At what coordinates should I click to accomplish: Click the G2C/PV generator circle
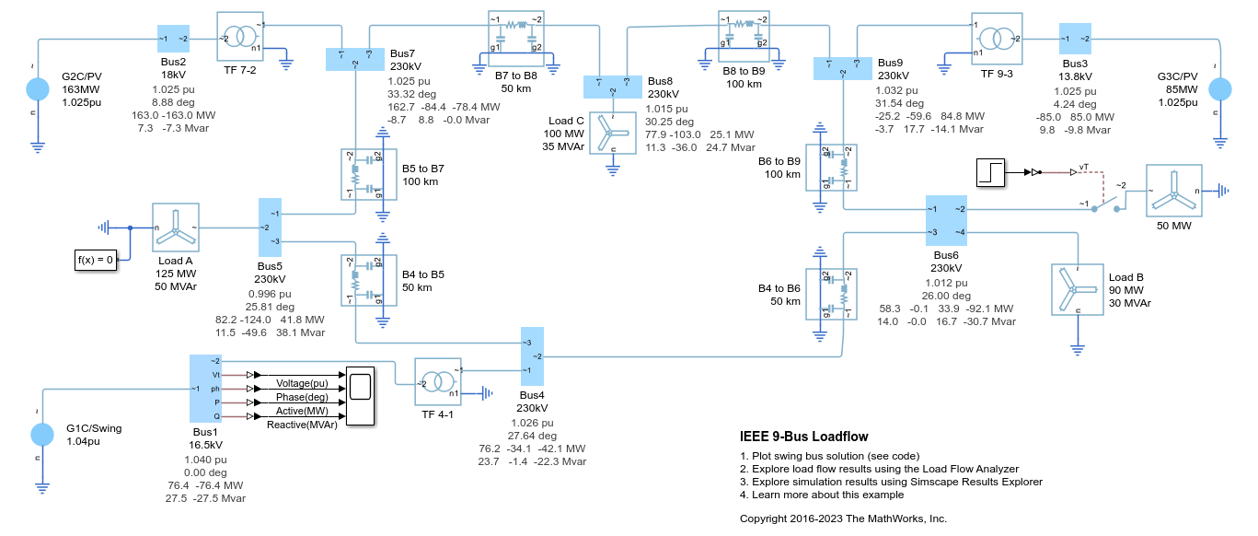pyautogui.click(x=38, y=89)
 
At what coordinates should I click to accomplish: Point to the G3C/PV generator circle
pyautogui.click(x=1219, y=89)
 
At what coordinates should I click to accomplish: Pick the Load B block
pyautogui.click(x=1076, y=289)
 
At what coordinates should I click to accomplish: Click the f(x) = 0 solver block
pyautogui.click(x=97, y=261)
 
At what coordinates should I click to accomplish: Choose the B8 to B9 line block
pyautogui.click(x=744, y=35)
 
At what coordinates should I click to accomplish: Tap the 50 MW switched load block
pyautogui.click(x=1173, y=191)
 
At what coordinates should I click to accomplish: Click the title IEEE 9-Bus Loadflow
pyautogui.click(x=803, y=437)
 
